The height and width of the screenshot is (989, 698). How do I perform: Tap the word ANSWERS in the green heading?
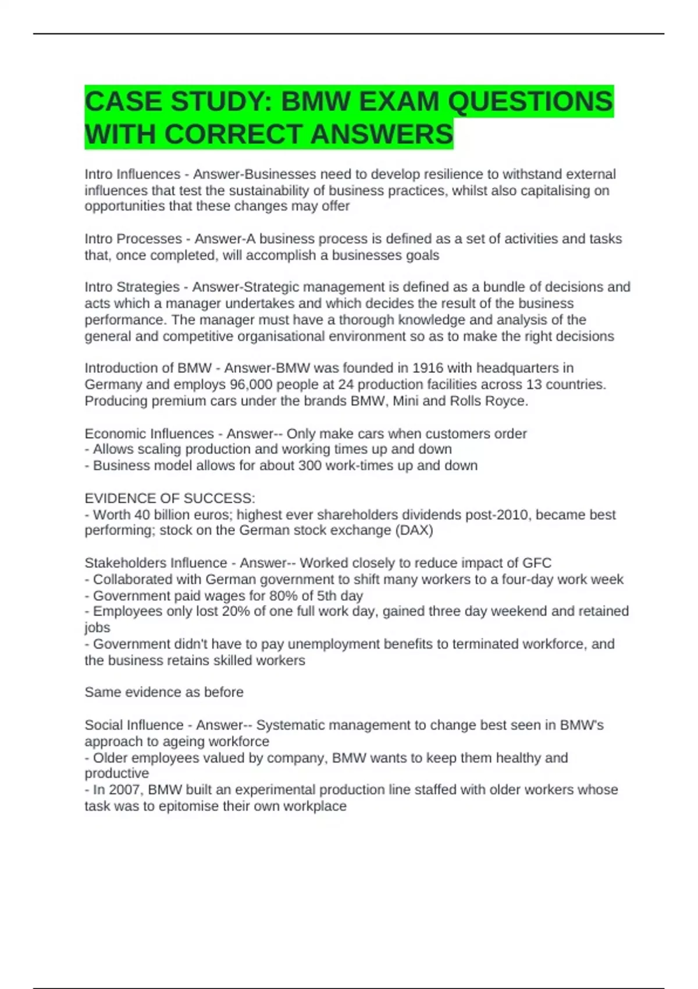382,134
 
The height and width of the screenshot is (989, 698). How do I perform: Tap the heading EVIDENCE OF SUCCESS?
170,499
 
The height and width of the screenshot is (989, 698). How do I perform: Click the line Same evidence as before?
164,692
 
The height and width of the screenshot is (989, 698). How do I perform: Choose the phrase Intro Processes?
133,239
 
